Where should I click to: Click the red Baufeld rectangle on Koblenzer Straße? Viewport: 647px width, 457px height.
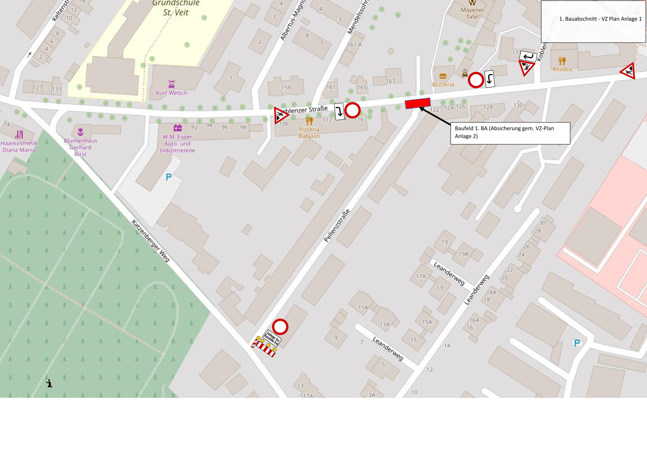418,103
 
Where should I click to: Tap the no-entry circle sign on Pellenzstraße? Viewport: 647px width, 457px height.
280,327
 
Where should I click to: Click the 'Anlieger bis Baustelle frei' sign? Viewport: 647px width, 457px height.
272,338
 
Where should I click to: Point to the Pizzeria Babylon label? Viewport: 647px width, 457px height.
309,133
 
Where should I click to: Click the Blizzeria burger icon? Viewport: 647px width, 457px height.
443,76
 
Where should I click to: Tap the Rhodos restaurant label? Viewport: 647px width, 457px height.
562,69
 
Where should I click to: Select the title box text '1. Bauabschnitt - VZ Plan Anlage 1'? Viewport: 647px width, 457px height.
600,19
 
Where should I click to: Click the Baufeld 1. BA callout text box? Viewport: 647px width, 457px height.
510,133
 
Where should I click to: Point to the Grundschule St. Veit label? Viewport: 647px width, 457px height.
176,8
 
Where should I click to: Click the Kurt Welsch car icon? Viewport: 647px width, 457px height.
172,84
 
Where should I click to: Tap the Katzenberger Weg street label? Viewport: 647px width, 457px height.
151,241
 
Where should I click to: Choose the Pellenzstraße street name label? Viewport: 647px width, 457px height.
337,226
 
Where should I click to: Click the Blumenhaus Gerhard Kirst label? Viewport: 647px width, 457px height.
80,147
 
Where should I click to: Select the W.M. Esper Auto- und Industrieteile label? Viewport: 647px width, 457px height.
177,143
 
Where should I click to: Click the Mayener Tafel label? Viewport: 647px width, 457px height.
472,13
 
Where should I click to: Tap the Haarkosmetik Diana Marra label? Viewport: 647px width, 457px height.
19,147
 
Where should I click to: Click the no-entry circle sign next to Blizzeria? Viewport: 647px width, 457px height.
476,80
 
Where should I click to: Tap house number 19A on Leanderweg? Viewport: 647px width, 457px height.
463,254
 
